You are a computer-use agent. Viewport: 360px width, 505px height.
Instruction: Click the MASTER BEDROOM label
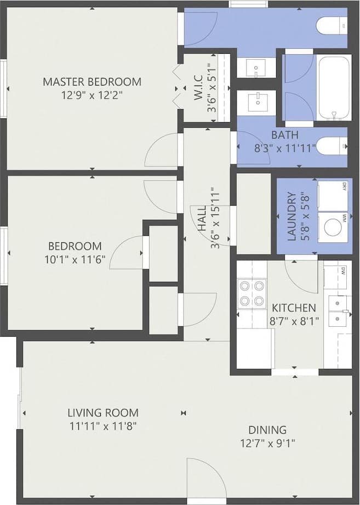point(92,82)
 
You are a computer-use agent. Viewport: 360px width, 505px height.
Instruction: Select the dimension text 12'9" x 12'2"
point(92,94)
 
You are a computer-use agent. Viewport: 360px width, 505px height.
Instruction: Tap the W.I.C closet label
point(199,88)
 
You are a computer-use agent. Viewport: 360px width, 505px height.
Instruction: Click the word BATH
point(285,135)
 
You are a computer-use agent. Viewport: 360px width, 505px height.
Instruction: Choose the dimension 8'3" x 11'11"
point(285,147)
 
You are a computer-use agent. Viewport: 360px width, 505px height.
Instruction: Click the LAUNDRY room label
point(292,216)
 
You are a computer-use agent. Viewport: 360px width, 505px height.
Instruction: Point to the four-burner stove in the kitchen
point(252,293)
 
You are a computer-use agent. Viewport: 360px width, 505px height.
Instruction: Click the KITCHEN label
point(294,308)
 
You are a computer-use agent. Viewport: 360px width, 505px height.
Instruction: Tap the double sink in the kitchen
point(338,310)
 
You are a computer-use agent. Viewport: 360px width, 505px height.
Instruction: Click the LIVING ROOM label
point(103,413)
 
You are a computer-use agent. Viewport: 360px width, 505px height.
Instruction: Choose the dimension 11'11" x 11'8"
point(103,425)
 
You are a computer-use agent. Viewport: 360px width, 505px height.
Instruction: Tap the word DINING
point(267,430)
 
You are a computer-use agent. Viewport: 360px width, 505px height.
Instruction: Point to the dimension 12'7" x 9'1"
point(267,443)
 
